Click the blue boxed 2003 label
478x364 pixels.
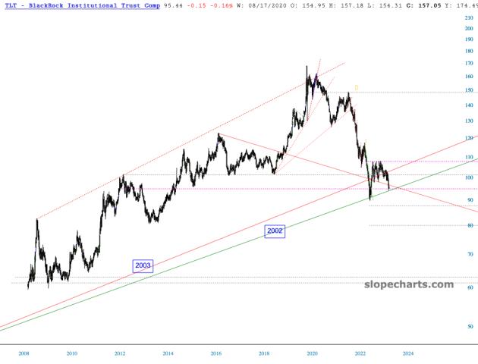click(143, 265)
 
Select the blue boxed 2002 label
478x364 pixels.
click(275, 231)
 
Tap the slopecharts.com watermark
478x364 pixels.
click(409, 285)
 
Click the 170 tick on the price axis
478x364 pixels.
click(470, 63)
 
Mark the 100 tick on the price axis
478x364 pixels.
click(470, 177)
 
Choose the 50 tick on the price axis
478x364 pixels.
click(470, 326)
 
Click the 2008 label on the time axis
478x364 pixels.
click(24, 353)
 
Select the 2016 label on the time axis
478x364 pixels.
click(216, 353)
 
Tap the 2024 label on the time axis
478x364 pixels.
click(408, 353)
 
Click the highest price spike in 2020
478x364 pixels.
click(307, 67)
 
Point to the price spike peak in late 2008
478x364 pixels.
click(36, 220)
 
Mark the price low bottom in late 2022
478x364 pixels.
click(370, 199)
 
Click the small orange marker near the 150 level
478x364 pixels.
click(356, 88)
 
